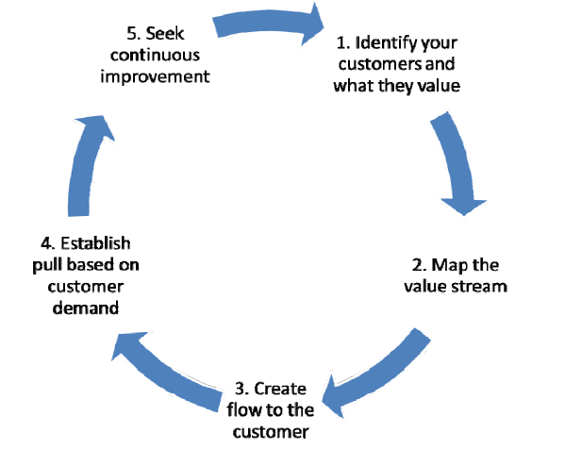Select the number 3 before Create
click(239, 389)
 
